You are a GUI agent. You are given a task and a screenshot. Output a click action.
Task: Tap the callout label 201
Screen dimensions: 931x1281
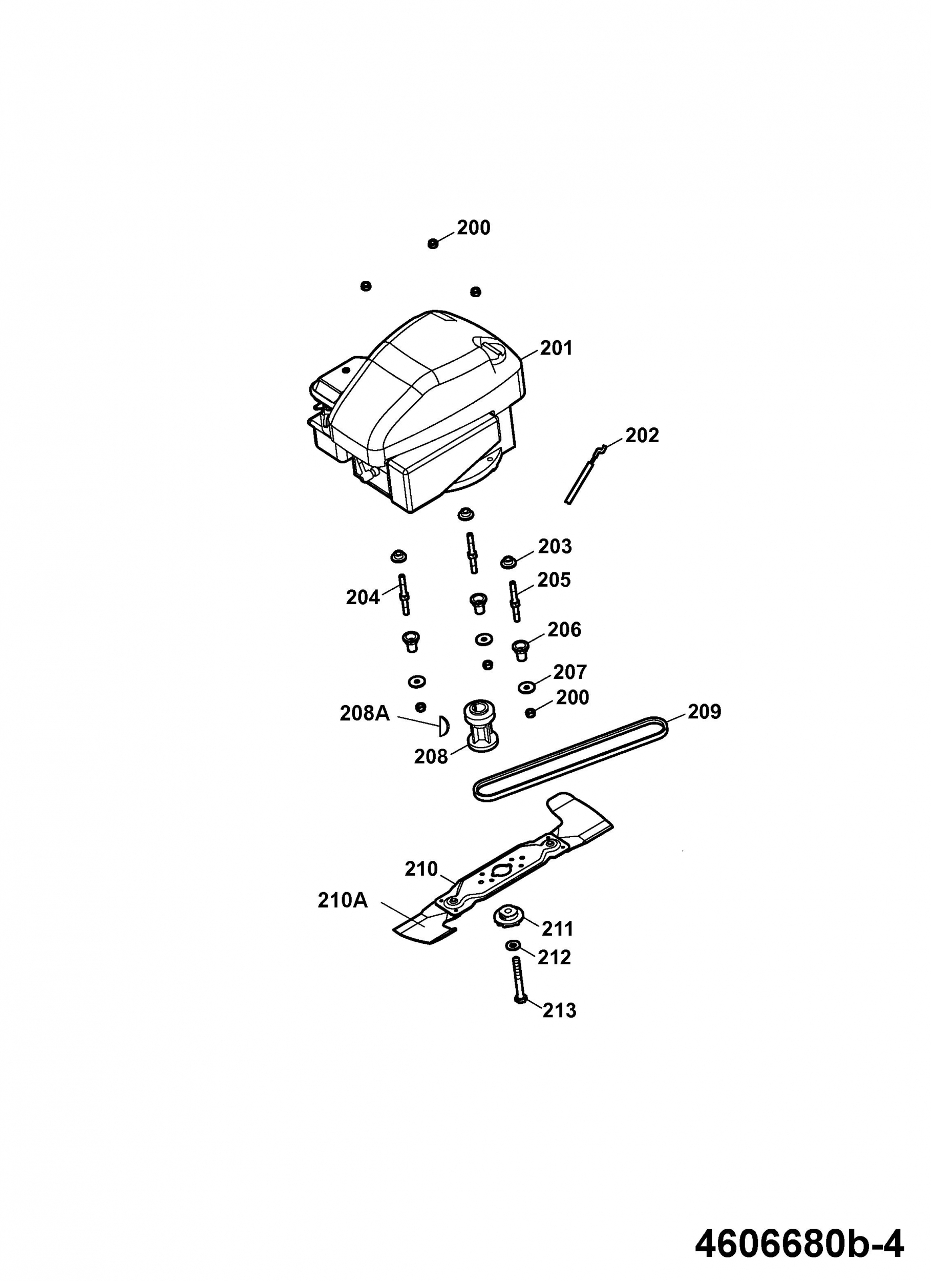pyautogui.click(x=556, y=348)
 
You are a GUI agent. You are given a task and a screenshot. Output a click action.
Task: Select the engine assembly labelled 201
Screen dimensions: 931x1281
pyautogui.click(x=416, y=410)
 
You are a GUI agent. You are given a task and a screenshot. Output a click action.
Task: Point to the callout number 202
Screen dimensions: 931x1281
pyautogui.click(x=642, y=435)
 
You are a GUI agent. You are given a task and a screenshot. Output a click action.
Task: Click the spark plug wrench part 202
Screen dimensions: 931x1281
pyautogui.click(x=585, y=474)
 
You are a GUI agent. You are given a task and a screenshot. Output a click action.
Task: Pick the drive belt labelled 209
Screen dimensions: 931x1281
pyautogui.click(x=571, y=758)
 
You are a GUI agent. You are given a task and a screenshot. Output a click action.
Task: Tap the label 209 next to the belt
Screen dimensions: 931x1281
pyautogui.click(x=704, y=712)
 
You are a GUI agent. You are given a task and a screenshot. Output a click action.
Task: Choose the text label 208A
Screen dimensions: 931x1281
pyautogui.click(x=365, y=713)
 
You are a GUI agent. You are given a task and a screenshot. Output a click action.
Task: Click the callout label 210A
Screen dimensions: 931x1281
pyautogui.click(x=343, y=900)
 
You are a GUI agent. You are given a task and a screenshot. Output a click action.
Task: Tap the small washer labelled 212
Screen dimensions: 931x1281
pyautogui.click(x=513, y=945)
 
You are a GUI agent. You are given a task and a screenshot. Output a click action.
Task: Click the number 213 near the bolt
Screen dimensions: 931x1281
pyautogui.click(x=560, y=1010)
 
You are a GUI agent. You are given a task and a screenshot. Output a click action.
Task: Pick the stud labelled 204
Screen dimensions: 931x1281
pyautogui.click(x=404, y=595)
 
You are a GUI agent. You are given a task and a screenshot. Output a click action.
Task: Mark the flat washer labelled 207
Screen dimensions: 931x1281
pyautogui.click(x=527, y=687)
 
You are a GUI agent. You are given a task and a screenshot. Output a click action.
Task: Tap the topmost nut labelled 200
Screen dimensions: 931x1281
pyautogui.click(x=433, y=243)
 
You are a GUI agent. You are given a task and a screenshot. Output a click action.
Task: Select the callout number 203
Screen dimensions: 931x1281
pyautogui.click(x=555, y=546)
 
